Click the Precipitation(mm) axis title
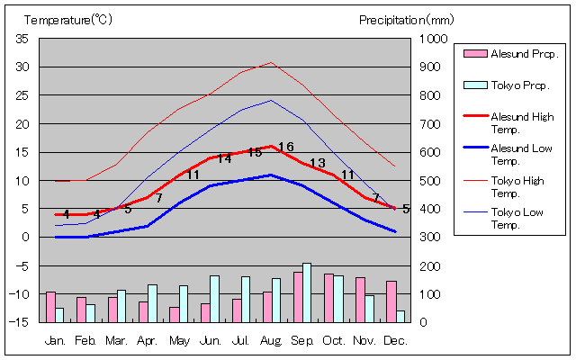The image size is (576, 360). (x=407, y=19)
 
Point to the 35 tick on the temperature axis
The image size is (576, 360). (x=22, y=39)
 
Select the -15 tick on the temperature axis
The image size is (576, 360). (x=21, y=322)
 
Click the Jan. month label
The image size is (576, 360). (x=56, y=340)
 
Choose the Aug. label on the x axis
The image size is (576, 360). (x=271, y=340)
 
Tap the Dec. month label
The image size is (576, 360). (x=394, y=340)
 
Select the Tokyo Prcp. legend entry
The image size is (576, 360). (x=519, y=85)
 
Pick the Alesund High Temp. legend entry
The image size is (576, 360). (x=521, y=122)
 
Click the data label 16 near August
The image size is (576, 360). (x=286, y=147)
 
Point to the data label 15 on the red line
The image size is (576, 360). (x=255, y=152)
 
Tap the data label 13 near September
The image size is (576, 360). (x=317, y=163)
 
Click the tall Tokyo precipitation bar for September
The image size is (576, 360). (x=307, y=292)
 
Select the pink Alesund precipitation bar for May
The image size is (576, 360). (x=175, y=314)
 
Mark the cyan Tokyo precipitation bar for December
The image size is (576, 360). (x=400, y=316)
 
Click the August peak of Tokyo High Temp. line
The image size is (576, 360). (x=271, y=63)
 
